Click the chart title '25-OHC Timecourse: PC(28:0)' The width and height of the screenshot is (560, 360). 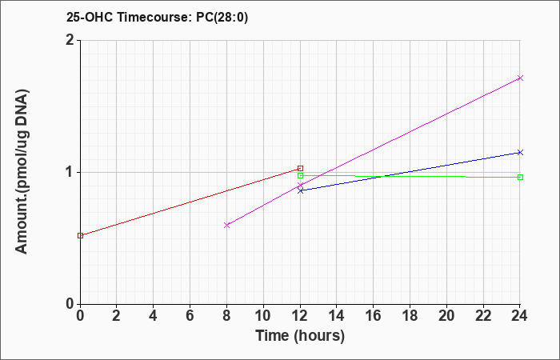tap(157, 17)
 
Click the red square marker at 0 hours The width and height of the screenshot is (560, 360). tap(80, 235)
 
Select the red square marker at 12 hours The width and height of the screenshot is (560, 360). tap(300, 168)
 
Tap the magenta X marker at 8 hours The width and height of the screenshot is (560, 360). tap(226, 225)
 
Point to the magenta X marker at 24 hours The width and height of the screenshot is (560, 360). tap(520, 78)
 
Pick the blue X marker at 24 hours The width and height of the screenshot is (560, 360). tap(520, 153)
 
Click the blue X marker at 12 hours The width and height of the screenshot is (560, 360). tap(300, 190)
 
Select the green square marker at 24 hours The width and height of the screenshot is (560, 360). tap(520, 177)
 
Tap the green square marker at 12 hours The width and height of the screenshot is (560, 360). tap(300, 175)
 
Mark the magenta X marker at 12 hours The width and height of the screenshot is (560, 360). tap(300, 185)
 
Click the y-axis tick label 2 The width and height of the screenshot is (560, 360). tap(70, 40)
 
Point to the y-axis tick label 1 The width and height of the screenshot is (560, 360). tap(70, 172)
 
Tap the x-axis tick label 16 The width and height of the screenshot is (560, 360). tap(374, 316)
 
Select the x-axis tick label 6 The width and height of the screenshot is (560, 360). tap(190, 316)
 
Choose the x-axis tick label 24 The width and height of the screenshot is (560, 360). tap(520, 316)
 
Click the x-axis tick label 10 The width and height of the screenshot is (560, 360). tap(263, 316)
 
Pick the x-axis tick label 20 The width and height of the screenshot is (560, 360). tap(446, 316)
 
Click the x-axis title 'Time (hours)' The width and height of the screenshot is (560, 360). tap(300, 336)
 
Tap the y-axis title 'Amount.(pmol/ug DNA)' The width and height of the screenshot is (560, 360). tap(22, 172)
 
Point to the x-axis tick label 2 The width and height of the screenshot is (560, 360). tap(117, 316)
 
